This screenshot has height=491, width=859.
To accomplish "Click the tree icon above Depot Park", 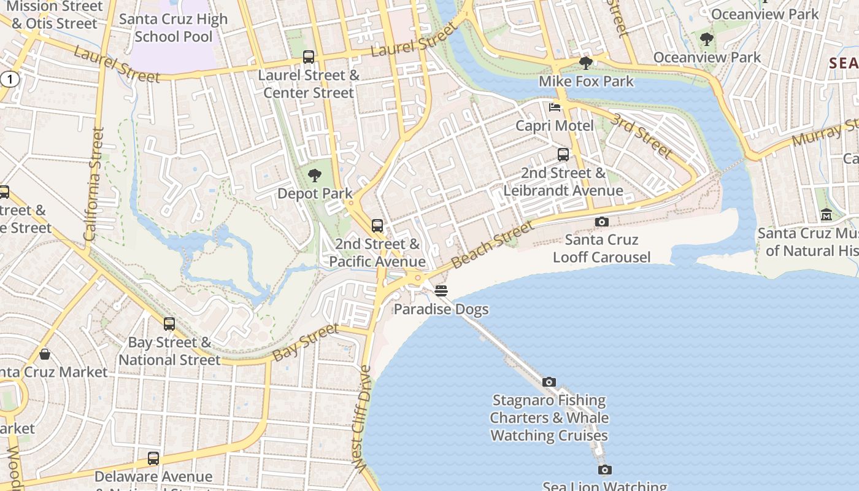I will click(x=315, y=176).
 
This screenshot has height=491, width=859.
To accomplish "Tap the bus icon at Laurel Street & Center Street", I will click(x=309, y=57).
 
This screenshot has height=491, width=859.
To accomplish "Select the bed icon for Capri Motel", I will click(x=555, y=107).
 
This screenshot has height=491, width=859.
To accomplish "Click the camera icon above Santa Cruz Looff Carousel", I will click(x=602, y=222).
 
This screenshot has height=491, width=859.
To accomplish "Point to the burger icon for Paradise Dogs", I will click(x=441, y=291).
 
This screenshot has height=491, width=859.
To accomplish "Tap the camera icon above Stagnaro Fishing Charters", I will click(x=549, y=382).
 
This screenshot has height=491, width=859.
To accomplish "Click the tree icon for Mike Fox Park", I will click(x=586, y=63).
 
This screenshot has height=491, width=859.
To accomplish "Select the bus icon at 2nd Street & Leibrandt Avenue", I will click(x=563, y=155).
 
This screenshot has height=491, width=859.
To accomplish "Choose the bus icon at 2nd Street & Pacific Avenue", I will click(x=377, y=226).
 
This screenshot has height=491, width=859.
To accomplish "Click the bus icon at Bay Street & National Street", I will click(x=169, y=324).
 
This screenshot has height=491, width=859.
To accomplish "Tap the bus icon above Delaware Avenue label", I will click(x=153, y=458).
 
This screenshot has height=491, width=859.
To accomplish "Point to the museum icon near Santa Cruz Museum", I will click(x=826, y=215).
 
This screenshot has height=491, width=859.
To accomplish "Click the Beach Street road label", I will click(x=493, y=245).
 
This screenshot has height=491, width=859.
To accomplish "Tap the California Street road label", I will click(x=94, y=184).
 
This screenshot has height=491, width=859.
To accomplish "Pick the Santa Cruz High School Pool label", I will click(x=174, y=28).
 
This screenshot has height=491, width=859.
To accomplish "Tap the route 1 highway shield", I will click(x=9, y=79).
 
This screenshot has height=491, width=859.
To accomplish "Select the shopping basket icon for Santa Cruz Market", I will click(x=45, y=354).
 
